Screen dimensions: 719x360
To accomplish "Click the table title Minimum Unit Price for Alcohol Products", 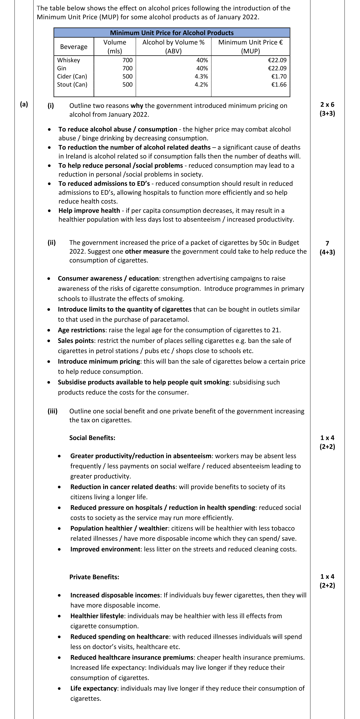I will tap(172, 33).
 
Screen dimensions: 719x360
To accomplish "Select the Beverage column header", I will tap(74, 47).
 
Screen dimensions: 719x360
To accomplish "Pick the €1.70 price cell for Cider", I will tap(279, 76).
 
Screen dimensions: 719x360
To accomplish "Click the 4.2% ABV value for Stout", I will tap(201, 85).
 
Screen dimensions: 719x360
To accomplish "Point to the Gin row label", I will tap(62, 68).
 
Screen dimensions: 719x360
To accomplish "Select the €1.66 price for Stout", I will tap(279, 85).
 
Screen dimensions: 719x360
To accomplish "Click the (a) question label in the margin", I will tap(24, 104).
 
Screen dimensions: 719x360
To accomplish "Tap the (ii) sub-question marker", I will tap(52, 243).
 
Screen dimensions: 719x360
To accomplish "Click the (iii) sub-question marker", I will tap(52, 411).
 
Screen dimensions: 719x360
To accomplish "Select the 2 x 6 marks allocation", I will tap(327, 105).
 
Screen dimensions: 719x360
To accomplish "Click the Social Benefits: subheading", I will tap(92, 438).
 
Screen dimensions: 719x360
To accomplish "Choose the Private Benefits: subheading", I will tap(94, 577).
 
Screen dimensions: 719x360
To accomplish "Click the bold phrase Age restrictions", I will tap(82, 330).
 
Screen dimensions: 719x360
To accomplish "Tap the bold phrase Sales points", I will tap(76, 341).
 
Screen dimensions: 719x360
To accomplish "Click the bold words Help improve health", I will tap(89, 211).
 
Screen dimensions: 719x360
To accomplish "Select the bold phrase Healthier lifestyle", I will tap(97, 616).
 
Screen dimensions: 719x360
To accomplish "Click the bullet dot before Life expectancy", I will tap(59, 689).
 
